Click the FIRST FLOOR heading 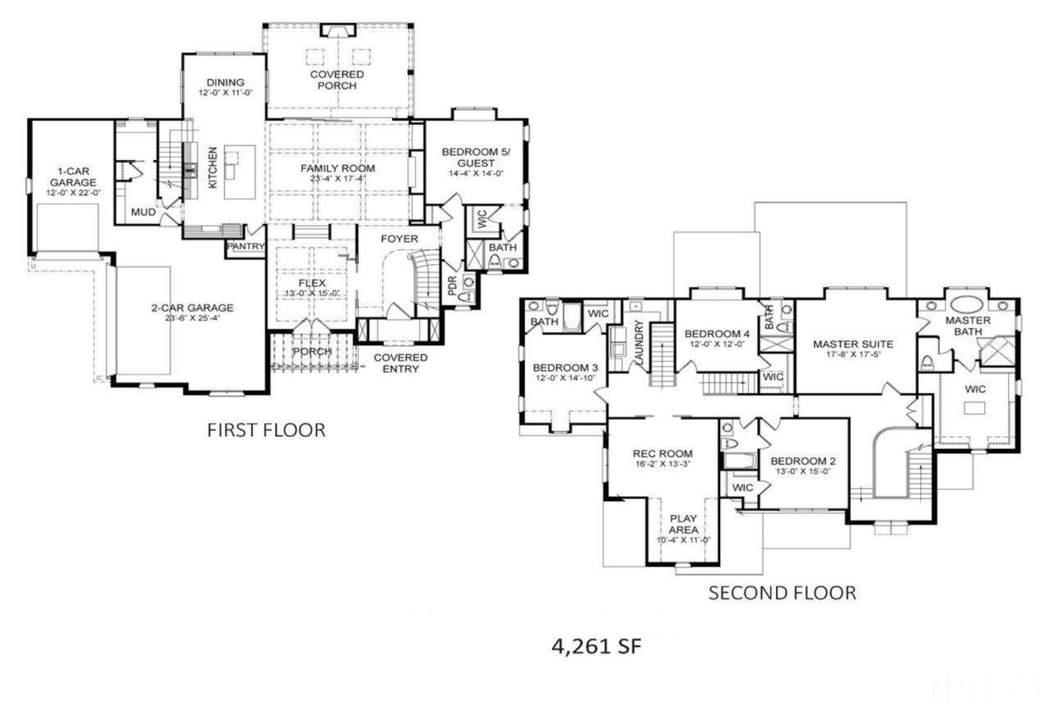point(265,430)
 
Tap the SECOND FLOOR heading point(781,593)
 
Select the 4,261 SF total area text point(598,647)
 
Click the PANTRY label point(246,247)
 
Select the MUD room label point(143,213)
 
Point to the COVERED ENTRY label point(400,363)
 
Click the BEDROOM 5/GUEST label point(473,157)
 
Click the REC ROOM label point(662,453)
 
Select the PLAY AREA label point(682,523)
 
